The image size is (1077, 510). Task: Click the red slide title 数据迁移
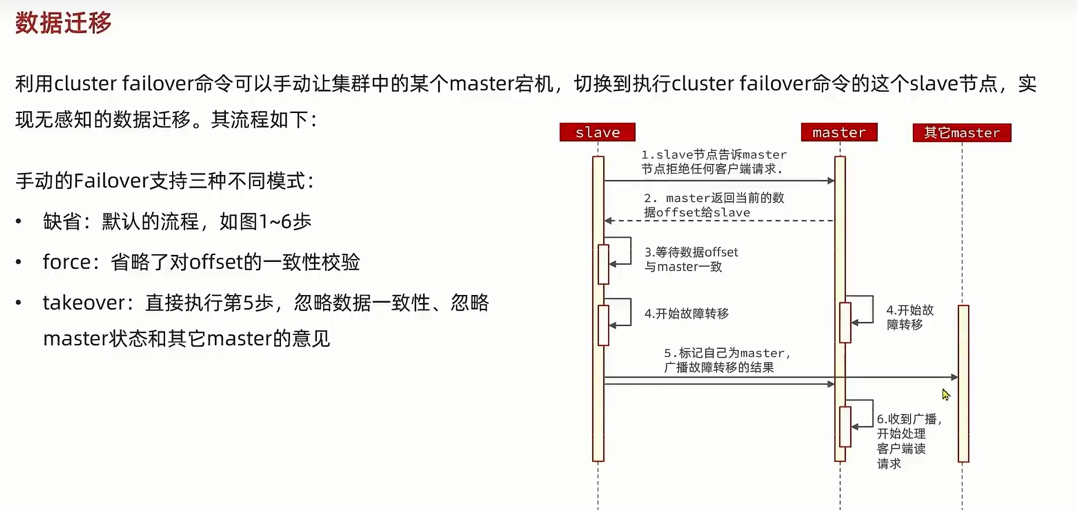coord(63,23)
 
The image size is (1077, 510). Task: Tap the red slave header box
coord(597,132)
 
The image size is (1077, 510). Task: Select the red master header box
coord(839,132)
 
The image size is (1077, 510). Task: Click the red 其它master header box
coord(962,133)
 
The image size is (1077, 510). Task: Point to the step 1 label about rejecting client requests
coord(714,162)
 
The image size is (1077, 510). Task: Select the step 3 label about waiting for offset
coord(691,259)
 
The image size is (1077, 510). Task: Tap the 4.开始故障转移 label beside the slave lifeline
coord(686,314)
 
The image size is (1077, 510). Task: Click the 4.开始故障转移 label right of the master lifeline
coord(909,317)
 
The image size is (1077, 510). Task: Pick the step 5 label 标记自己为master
coord(727,360)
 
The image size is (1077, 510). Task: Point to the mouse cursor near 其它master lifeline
coord(945,395)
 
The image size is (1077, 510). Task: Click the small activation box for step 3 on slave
coord(603,264)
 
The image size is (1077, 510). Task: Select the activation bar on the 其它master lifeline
coord(963,383)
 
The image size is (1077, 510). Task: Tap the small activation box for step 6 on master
coord(845,426)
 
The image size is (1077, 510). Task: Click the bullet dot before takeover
coord(18,303)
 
